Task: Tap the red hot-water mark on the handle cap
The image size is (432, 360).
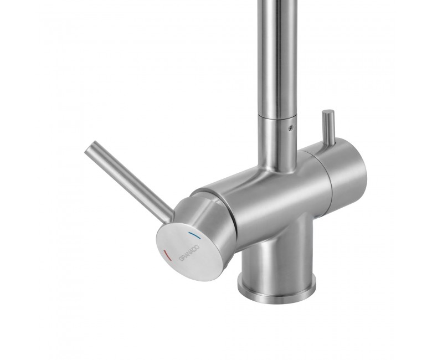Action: click(167, 255)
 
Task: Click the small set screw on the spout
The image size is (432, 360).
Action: click(290, 127)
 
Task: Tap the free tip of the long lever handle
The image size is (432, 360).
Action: click(90, 146)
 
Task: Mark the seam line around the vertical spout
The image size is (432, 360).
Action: click(277, 117)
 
